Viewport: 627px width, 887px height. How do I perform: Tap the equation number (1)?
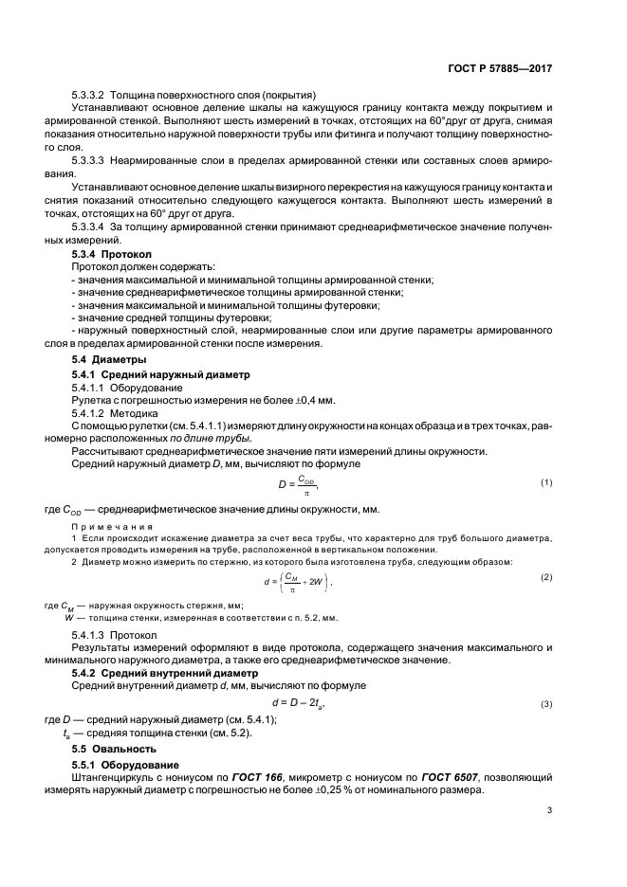tap(546, 482)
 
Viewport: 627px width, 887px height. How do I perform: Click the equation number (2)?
tap(546, 576)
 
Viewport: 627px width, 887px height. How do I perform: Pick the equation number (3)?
tap(547, 704)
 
